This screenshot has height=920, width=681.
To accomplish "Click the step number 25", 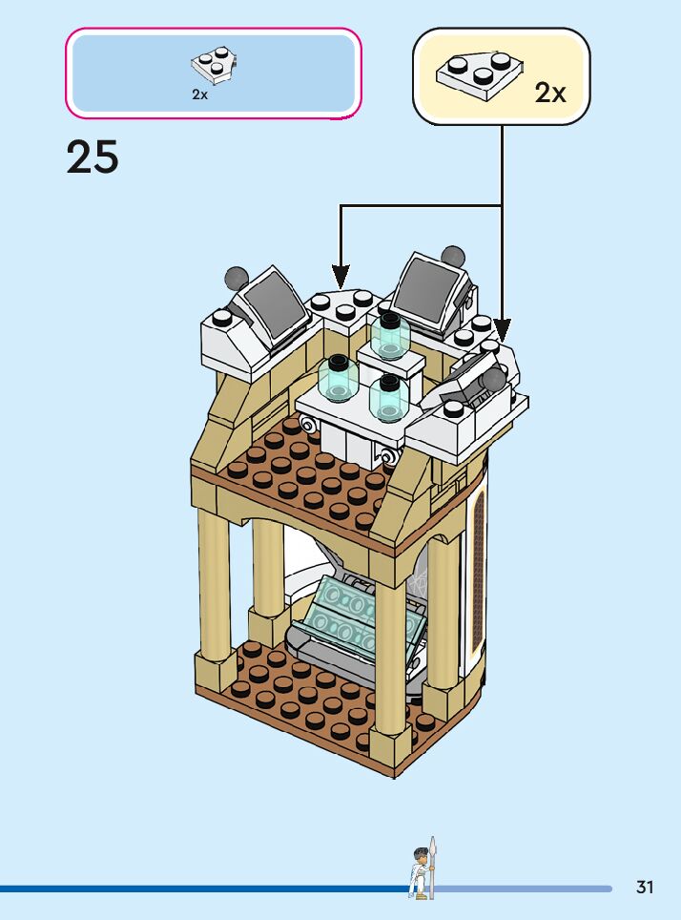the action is click(93, 157).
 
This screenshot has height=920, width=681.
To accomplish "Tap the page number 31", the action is click(645, 888).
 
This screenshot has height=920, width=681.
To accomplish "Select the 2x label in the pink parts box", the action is click(199, 94).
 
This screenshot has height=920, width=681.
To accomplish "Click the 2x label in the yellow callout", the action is click(550, 93).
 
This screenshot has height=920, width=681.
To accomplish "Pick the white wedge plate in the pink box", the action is click(214, 65).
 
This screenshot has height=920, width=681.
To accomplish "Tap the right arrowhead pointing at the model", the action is click(502, 331).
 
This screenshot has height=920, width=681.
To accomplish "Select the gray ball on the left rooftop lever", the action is click(236, 278).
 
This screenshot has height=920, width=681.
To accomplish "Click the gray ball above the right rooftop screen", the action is click(452, 255).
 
